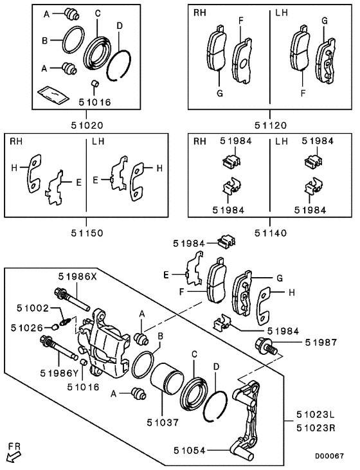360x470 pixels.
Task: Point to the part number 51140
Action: (x=269, y=233)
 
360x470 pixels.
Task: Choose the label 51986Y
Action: (x=59, y=372)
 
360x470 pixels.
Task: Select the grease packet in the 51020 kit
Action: (x=54, y=95)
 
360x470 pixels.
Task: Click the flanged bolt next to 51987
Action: (x=266, y=346)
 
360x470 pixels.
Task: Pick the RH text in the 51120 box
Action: (x=201, y=12)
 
